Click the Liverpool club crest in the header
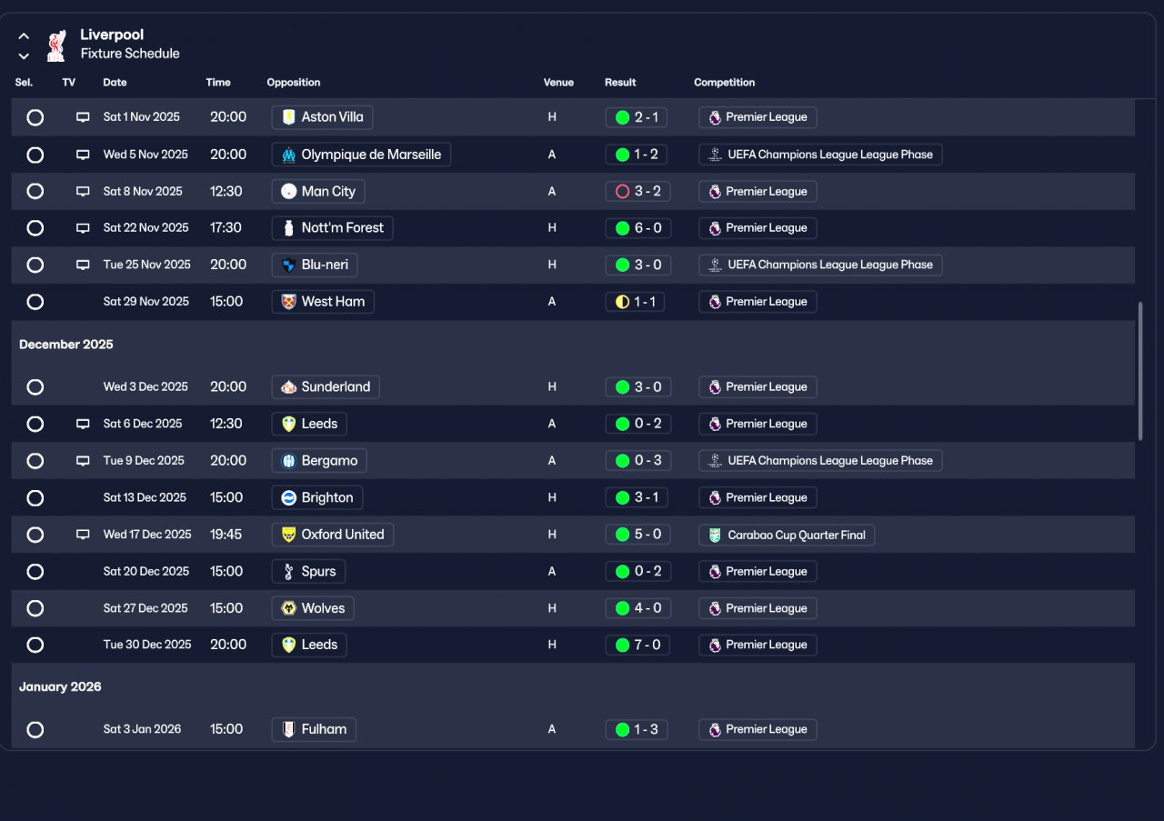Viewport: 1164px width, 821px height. click(x=56, y=45)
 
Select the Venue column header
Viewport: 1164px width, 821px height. click(x=558, y=82)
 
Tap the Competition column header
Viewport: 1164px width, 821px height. click(x=724, y=82)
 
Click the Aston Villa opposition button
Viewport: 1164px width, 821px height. click(x=322, y=117)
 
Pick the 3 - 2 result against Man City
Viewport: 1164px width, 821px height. click(x=637, y=191)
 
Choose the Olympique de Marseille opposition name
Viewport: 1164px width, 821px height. click(x=371, y=155)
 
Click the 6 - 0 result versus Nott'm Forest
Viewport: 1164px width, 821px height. click(x=638, y=227)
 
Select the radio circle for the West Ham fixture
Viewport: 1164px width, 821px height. click(x=35, y=301)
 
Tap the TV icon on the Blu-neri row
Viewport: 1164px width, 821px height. click(x=83, y=265)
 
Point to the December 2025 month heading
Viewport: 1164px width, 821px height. click(x=66, y=344)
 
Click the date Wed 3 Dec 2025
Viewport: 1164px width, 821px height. click(x=145, y=386)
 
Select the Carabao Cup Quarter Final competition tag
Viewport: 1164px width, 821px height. click(x=787, y=535)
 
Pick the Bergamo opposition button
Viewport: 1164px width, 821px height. click(x=319, y=460)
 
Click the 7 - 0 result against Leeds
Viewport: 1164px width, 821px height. click(x=637, y=645)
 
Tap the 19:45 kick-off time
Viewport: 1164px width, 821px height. click(x=226, y=535)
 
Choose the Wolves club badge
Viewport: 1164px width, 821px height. click(x=288, y=608)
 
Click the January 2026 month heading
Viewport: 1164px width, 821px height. click(x=60, y=686)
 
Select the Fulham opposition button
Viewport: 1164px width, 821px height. click(x=314, y=729)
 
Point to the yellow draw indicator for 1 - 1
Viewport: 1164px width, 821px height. click(x=622, y=302)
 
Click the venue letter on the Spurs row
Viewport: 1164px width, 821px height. click(x=552, y=571)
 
